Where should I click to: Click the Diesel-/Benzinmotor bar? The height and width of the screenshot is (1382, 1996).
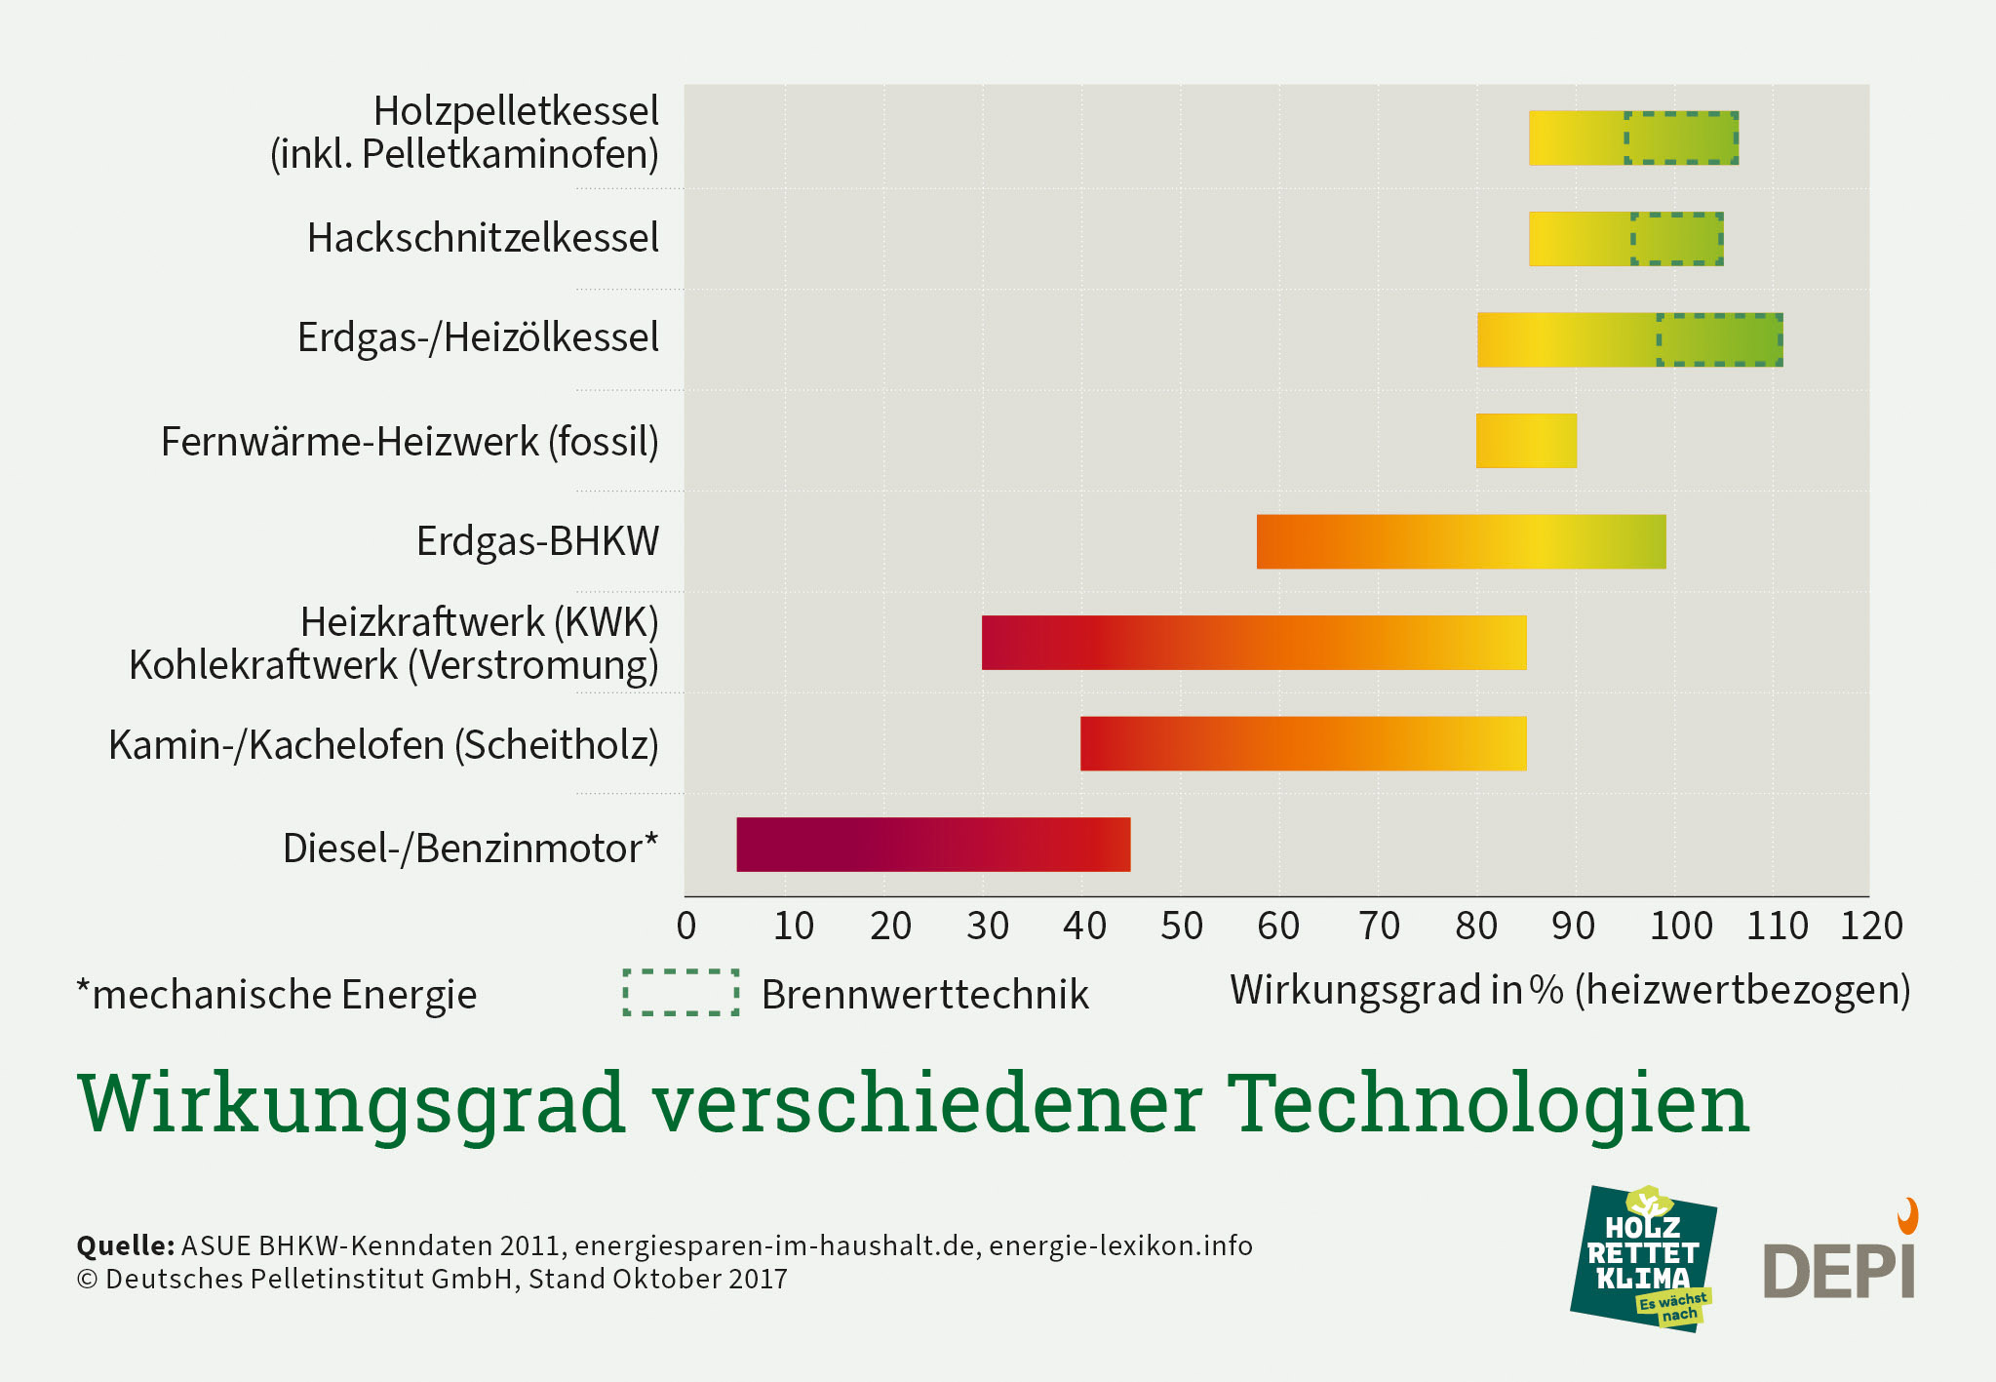[x=933, y=844]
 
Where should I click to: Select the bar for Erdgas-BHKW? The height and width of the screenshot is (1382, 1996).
[x=1461, y=541]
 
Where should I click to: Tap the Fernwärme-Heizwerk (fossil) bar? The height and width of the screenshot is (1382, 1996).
[x=1526, y=441]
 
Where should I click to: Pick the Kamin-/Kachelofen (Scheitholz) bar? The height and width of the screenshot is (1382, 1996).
[x=1303, y=743]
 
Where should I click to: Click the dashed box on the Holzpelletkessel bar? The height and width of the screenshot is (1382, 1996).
[x=1681, y=138]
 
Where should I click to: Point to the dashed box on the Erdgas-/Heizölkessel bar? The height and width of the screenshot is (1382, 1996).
[x=1720, y=339]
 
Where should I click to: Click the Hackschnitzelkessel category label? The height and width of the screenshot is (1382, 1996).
[x=483, y=238]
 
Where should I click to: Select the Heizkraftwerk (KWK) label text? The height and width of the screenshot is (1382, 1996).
[x=479, y=621]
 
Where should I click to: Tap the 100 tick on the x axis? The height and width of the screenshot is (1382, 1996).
[x=1680, y=926]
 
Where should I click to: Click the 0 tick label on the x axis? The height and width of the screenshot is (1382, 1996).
[x=686, y=926]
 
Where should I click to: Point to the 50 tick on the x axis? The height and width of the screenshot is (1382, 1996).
[x=1181, y=926]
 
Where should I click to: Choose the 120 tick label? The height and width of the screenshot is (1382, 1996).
[x=1871, y=926]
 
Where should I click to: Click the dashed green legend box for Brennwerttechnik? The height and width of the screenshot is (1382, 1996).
[x=681, y=993]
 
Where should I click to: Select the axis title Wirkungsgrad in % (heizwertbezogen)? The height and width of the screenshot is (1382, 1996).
[x=1570, y=990]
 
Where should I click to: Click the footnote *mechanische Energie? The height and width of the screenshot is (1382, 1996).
[x=277, y=995]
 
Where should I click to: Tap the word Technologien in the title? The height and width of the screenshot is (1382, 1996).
[x=1488, y=1103]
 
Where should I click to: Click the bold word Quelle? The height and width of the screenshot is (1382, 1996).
[x=125, y=1245]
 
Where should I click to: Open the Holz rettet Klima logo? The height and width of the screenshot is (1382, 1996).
[x=1643, y=1259]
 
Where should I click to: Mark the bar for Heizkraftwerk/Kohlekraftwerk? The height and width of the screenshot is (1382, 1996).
[x=1253, y=643]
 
